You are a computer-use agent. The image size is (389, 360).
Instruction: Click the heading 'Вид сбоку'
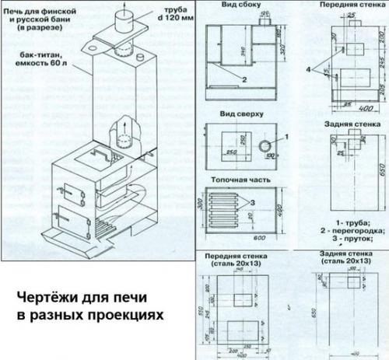click(237, 7)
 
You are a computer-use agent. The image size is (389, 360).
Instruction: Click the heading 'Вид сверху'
click(237, 114)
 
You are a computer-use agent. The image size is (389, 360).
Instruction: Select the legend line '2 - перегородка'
click(349, 231)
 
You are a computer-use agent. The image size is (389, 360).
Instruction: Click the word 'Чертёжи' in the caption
click(48, 299)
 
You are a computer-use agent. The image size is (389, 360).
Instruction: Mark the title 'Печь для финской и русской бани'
click(36, 17)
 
